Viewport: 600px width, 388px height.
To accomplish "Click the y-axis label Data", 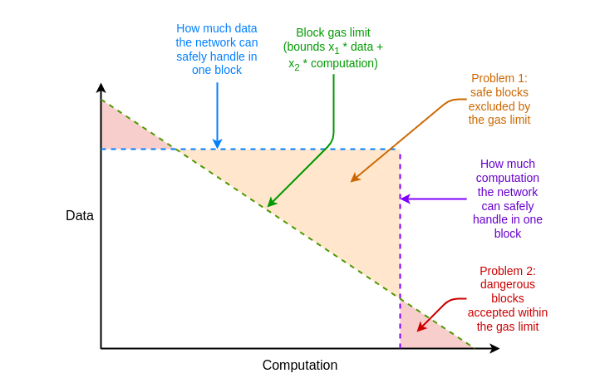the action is coord(80,215).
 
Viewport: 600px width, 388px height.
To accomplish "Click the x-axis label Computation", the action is coord(300,365).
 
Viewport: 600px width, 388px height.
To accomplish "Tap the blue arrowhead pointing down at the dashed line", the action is coord(218,144).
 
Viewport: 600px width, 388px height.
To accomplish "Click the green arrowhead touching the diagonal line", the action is coord(271,202).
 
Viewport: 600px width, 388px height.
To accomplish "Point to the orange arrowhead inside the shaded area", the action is coord(355,178).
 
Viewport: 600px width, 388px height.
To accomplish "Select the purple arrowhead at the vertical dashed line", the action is coord(405,199).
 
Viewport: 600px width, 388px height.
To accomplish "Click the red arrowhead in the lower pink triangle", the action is coord(421,327).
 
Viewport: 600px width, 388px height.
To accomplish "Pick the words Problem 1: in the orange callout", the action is coord(499,78).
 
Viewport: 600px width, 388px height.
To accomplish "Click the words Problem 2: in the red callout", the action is coord(508,271).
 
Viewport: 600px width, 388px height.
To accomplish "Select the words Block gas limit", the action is coord(333,32).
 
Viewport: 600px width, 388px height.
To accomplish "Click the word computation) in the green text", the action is coord(344,63).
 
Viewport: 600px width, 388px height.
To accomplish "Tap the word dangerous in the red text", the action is coord(508,284).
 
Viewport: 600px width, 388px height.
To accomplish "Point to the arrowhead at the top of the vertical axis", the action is coord(101,87).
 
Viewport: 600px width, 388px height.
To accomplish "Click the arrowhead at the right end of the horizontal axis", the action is coord(494,348).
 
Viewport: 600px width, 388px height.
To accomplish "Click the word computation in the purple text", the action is coord(508,178).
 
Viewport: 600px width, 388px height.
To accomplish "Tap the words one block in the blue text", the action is coord(217,70).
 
